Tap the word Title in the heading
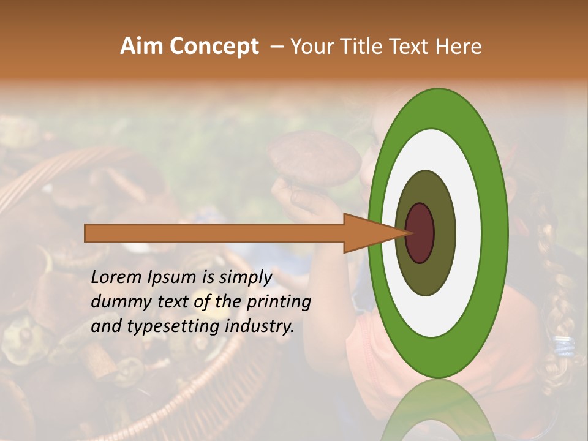pyautogui.click(x=358, y=47)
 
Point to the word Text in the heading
pyautogui.click(x=410, y=47)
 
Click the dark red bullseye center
pyautogui.click(x=420, y=233)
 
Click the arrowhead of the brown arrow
pyautogui.click(x=374, y=233)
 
